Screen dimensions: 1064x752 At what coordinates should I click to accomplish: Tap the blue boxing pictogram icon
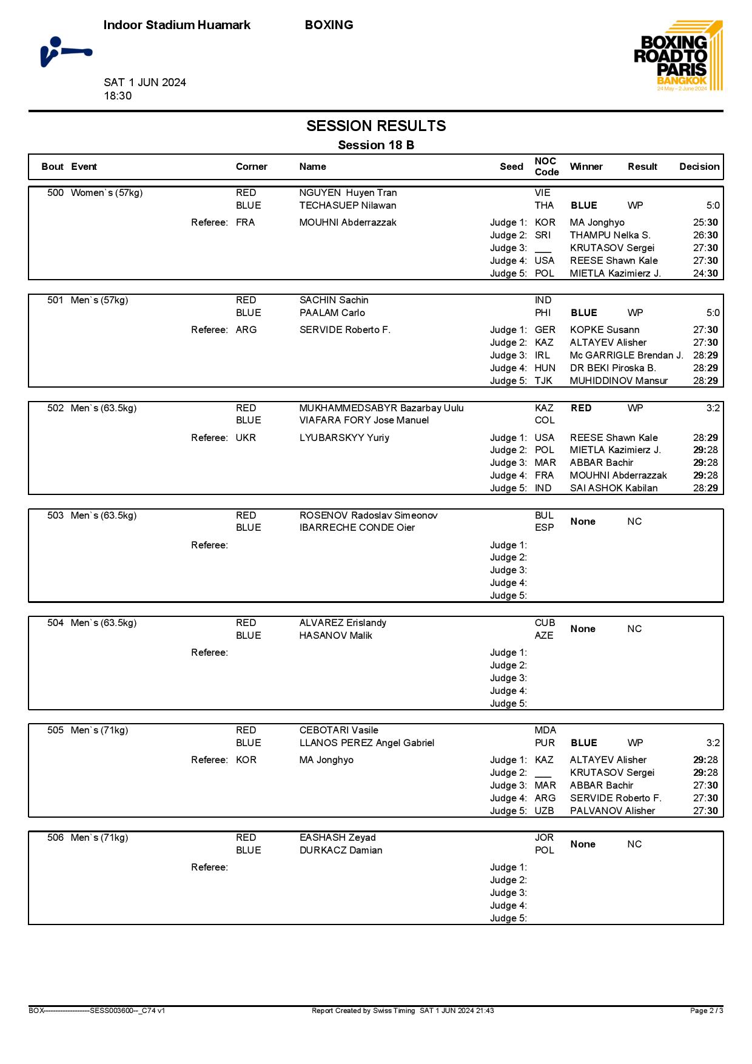[65, 52]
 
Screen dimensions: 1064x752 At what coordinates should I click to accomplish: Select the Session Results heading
[376, 126]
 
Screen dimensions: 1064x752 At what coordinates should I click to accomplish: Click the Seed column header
[511, 167]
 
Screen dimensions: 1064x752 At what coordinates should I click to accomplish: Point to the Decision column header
[699, 167]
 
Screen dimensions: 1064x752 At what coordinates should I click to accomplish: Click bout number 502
[55, 408]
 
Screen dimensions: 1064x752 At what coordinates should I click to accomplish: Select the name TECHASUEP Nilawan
[347, 206]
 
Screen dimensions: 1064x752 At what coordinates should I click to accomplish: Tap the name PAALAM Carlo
[332, 313]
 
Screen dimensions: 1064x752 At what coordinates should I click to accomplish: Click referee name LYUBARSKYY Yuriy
[344, 438]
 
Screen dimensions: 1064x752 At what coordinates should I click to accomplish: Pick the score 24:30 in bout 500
[705, 274]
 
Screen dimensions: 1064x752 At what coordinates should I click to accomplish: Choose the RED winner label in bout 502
[581, 408]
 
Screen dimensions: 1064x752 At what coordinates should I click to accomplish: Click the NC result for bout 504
[634, 629]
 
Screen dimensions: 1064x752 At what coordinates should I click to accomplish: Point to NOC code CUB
[545, 623]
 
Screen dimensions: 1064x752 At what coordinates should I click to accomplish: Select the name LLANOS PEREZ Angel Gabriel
[367, 743]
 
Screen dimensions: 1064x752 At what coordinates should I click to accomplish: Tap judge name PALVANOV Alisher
[613, 811]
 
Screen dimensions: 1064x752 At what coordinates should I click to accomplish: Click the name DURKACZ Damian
[341, 850]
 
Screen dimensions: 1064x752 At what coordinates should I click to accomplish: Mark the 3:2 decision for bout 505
[713, 743]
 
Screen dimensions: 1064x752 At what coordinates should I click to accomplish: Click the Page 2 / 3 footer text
[707, 1011]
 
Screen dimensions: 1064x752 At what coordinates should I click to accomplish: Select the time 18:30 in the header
[118, 96]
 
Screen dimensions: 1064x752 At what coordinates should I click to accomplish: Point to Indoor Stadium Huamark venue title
[177, 25]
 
